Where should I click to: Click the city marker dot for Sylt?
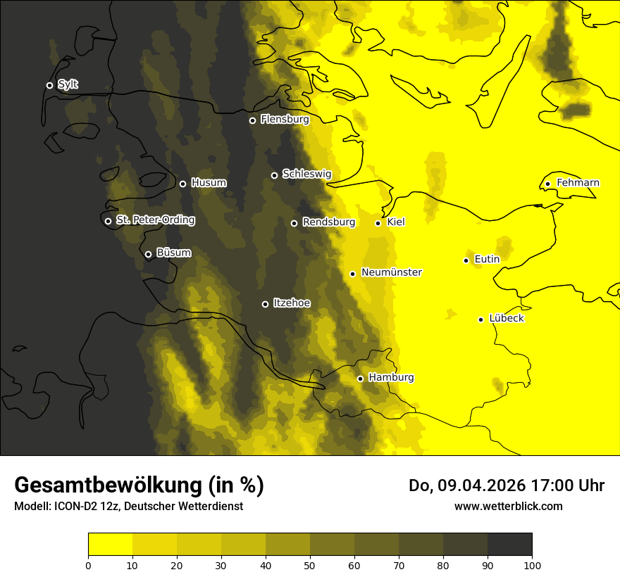pos(49,85)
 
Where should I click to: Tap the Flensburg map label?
pos(285,120)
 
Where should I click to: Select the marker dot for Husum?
pos(182,184)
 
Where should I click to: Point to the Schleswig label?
pos(306,174)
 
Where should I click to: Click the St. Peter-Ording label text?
pos(156,220)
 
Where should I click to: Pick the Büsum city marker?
pos(148,255)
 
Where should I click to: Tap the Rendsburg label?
pos(329,222)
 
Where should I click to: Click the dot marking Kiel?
pos(378,223)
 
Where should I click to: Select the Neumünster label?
pos(392,272)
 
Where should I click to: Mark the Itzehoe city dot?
pos(265,304)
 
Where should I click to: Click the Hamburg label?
pos(391,378)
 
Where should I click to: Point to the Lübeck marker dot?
pos(480,319)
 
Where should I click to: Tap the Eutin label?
pos(487,260)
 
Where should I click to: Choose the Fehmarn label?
pos(578,183)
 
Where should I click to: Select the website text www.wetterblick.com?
pos(509,506)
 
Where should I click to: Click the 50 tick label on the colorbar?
pos(310,566)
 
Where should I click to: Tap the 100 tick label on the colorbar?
pos(532,566)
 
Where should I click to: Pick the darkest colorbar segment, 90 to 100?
pos(509,544)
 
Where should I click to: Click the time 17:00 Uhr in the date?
pos(559,485)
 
